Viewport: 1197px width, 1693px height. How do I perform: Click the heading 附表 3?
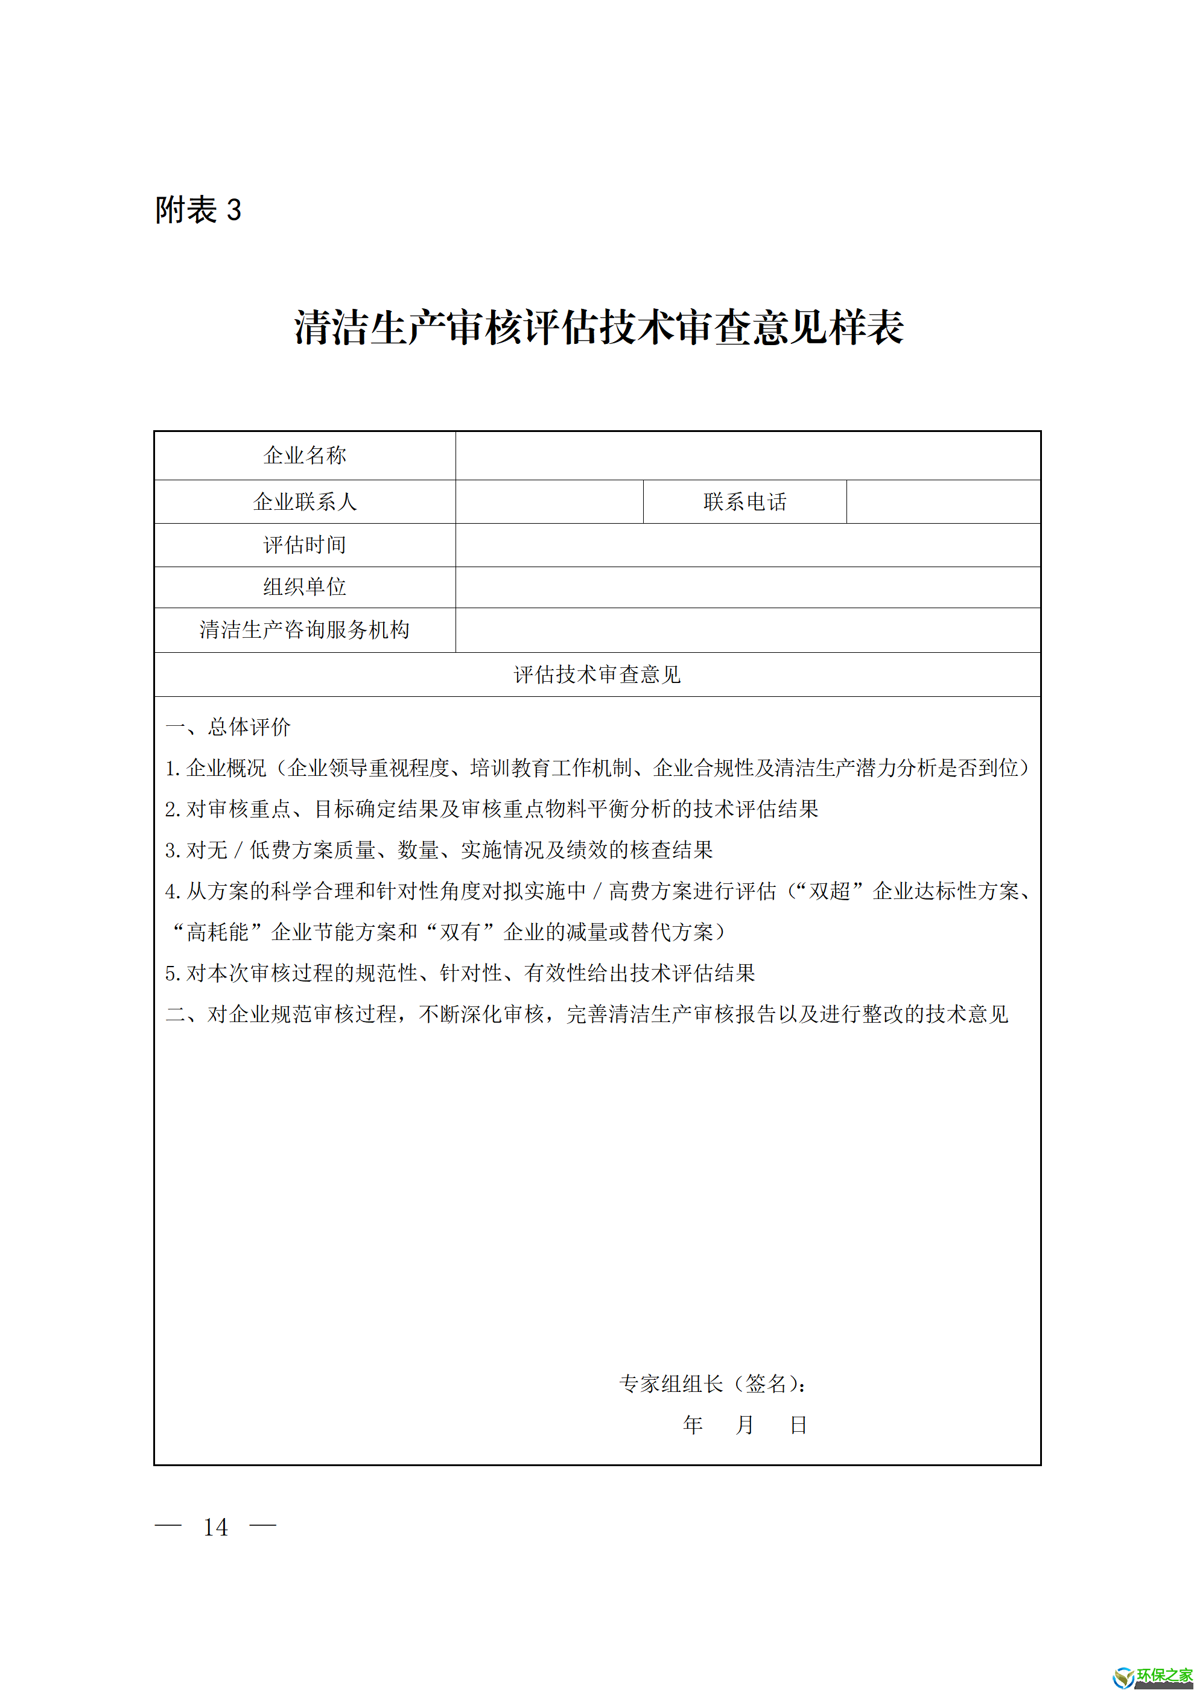pyautogui.click(x=198, y=210)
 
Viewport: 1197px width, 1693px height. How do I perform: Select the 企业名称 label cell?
pyautogui.click(x=305, y=456)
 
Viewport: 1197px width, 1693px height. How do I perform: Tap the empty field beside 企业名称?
pyautogui.click(x=747, y=456)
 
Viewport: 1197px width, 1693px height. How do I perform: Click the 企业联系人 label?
pyautogui.click(x=305, y=502)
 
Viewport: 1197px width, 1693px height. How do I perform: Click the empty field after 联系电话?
pyautogui.click(x=942, y=502)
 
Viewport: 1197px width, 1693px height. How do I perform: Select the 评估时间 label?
pyautogui.click(x=305, y=545)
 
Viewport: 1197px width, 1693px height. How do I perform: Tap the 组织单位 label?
pyautogui.click(x=305, y=587)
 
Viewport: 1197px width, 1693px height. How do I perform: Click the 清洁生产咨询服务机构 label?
pyautogui.click(x=305, y=630)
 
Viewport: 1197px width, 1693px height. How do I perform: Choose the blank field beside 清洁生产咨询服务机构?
pyautogui.click(x=747, y=630)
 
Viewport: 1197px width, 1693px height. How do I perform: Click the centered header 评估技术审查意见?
pyautogui.click(x=597, y=675)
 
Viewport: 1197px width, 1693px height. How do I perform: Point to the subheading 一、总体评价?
pyautogui.click(x=228, y=727)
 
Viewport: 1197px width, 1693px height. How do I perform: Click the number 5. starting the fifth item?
pyautogui.click(x=173, y=974)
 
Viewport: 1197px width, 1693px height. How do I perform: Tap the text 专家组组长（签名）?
pyautogui.click(x=712, y=1384)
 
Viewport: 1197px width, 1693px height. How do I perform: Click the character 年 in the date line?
pyautogui.click(x=692, y=1425)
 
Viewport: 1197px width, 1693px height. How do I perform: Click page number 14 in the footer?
pyautogui.click(x=215, y=1527)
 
